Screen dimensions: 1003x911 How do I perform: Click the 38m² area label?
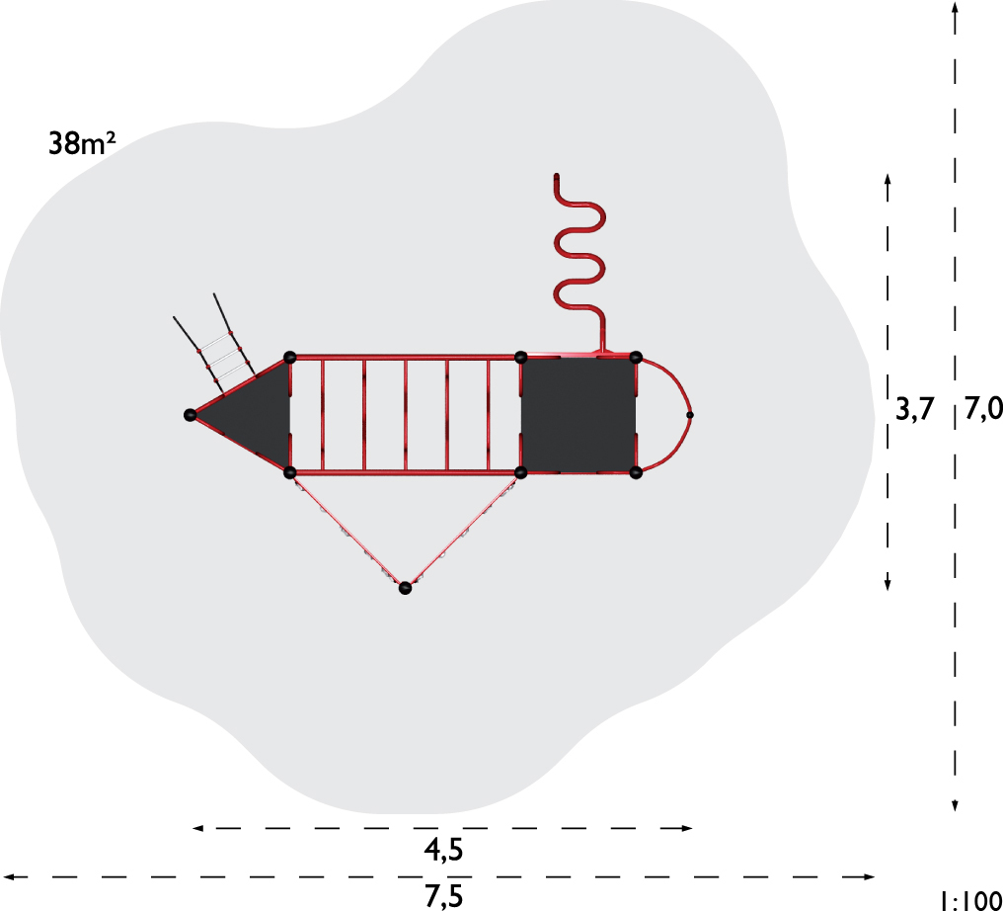coord(82,143)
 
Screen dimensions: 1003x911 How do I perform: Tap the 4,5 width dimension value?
coord(443,850)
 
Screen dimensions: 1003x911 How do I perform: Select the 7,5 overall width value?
coord(443,896)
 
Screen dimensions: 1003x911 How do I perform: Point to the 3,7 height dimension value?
coord(915,409)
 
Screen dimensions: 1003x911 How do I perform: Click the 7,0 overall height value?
coord(983,409)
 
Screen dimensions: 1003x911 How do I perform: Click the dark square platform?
coord(579,416)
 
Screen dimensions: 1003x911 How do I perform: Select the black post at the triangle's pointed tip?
coord(190,415)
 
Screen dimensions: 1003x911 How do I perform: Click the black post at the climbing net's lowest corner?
coord(405,588)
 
